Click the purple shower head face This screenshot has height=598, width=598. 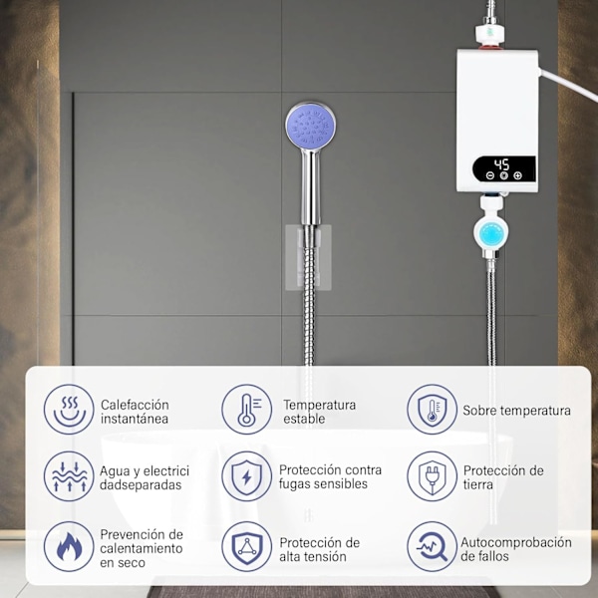point(310,126)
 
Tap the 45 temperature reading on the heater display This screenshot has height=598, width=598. point(501,164)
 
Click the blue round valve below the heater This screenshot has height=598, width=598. point(491,233)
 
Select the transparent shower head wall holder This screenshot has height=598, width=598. point(308,257)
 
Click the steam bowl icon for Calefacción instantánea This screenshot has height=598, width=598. point(69,410)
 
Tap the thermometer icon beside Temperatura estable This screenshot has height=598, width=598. point(247,410)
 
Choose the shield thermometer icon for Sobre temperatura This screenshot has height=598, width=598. point(432,410)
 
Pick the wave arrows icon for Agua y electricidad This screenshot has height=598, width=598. point(69,476)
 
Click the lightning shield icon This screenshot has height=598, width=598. point(247,476)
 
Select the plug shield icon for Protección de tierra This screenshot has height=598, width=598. point(432,476)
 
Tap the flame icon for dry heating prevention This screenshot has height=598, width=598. point(69,546)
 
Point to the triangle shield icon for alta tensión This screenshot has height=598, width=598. point(247,546)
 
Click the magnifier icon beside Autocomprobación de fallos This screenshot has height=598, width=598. point(432,546)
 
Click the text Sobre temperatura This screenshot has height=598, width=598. point(516,411)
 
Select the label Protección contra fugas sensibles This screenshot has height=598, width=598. point(330,476)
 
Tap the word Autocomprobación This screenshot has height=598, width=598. point(516,542)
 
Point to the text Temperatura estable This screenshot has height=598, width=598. point(320,412)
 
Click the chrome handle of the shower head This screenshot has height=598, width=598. point(311,187)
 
